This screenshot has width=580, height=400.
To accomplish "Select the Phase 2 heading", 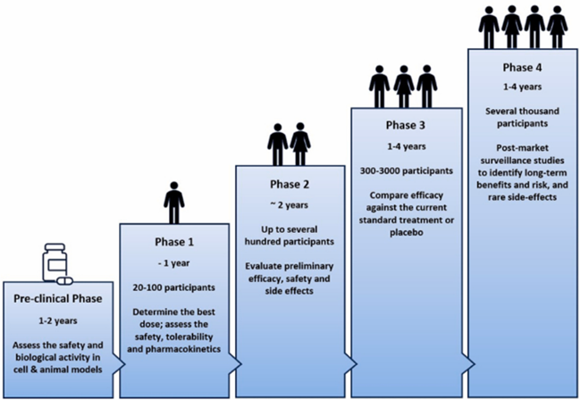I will pyautogui.click(x=289, y=183).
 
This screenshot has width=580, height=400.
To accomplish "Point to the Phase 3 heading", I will pyautogui.click(x=404, y=124).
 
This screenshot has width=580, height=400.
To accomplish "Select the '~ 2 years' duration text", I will pyautogui.click(x=289, y=205).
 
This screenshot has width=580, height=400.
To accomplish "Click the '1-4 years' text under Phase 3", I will pyautogui.click(x=404, y=146).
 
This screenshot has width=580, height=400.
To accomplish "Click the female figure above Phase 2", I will pyautogui.click(x=300, y=143).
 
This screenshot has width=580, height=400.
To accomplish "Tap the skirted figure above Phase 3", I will pyautogui.click(x=404, y=87).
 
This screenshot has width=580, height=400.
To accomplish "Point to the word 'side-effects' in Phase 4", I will pyautogui.click(x=520, y=197).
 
